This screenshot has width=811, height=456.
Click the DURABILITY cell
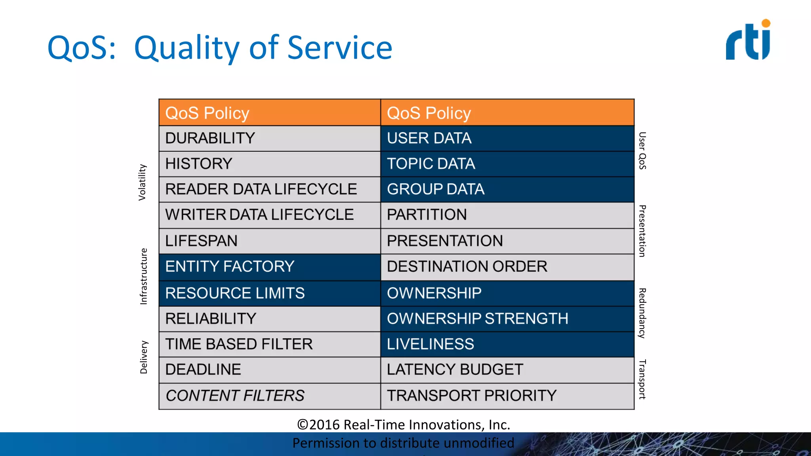click(x=269, y=139)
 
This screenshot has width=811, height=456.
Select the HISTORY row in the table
click(x=269, y=164)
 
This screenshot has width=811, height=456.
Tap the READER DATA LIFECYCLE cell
click(x=269, y=189)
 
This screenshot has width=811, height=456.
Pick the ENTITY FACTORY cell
click(x=269, y=267)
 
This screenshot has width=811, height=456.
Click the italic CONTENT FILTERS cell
click(x=269, y=396)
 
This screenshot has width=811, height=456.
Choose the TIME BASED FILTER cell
click(x=269, y=344)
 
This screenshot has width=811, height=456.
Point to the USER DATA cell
click(x=507, y=139)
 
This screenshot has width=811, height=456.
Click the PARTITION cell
click(x=507, y=215)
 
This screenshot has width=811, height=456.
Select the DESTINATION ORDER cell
click(x=507, y=267)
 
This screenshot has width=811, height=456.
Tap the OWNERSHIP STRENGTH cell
click(x=507, y=319)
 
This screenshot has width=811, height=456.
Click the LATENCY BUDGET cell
click(x=507, y=370)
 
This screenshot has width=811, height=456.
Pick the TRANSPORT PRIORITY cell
click(x=507, y=396)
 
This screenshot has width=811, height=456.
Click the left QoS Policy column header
click(x=269, y=113)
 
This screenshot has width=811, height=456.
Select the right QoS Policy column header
click(x=507, y=113)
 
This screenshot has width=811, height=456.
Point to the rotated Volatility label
click(x=142, y=182)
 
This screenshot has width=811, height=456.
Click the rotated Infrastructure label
click(x=143, y=276)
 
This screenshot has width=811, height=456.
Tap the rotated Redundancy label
click(x=642, y=313)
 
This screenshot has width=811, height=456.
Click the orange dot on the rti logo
click(x=766, y=23)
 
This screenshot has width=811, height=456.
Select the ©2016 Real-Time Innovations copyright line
click(x=404, y=424)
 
